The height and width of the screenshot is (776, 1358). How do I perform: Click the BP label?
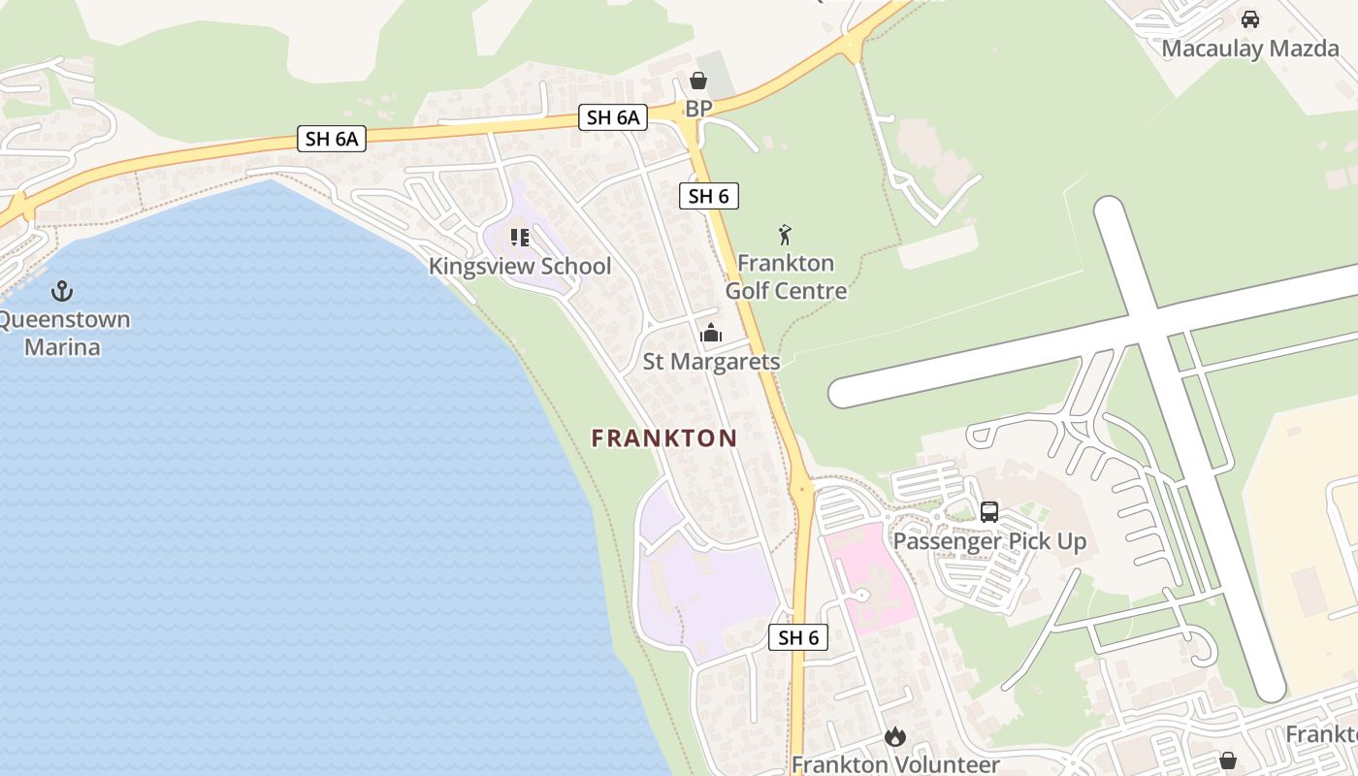point(697,107)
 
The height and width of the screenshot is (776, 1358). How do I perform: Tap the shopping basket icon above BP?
point(697,81)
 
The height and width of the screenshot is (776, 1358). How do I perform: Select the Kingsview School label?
point(520,266)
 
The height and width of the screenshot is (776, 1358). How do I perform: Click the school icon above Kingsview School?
point(519,238)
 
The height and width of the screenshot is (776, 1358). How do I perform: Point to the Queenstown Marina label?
point(64,333)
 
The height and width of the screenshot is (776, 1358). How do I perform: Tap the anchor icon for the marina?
point(62,290)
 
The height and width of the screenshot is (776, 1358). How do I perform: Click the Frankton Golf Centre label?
point(786,276)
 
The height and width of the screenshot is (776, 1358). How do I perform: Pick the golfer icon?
point(785,235)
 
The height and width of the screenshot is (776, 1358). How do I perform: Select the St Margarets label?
point(711,361)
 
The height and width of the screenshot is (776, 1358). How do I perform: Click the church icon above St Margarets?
point(711,333)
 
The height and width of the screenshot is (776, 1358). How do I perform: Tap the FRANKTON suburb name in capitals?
point(664,438)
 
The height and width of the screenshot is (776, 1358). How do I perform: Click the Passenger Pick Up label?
point(989,541)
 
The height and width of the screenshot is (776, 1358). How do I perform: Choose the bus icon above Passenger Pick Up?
point(989,512)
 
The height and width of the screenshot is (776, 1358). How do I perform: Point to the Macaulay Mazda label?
point(1249,48)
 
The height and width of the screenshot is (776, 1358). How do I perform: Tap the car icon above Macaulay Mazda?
point(1250,19)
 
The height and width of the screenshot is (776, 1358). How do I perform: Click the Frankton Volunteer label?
point(894,764)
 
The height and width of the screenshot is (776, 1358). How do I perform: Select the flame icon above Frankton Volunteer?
point(895,737)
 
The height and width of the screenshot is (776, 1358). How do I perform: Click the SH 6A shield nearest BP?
point(613,118)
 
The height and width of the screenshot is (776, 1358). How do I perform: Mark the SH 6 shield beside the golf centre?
point(708,196)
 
